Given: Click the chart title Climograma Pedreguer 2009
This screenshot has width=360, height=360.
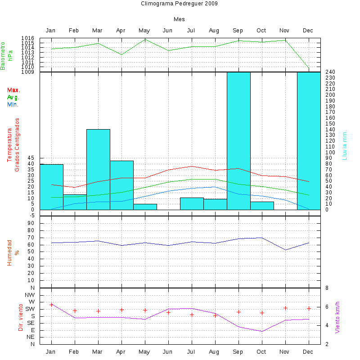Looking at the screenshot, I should pos(179,4).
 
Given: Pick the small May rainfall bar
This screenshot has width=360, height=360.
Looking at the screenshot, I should pos(145,207).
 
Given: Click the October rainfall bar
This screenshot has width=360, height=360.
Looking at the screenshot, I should pos(262,206).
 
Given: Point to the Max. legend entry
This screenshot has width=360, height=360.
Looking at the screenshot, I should pos(14,90).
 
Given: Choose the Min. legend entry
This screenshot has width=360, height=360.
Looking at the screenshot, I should pos(13,104).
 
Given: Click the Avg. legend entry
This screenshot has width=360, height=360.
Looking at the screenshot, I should pos(13,97).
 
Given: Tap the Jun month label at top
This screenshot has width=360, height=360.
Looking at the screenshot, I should pos(167,31).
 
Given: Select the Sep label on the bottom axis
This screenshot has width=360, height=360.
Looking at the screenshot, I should pos(238,351).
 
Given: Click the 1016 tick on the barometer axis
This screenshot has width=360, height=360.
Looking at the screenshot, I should pos(27,38).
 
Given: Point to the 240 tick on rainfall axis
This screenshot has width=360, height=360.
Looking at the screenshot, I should pos(330,72).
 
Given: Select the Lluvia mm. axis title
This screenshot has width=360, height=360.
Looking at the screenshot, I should pos(345,145).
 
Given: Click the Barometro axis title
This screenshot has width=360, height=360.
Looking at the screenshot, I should pos(6,55).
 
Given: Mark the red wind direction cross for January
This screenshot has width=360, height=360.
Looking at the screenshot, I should pos(51,305).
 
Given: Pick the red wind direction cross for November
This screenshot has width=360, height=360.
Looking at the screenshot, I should pos(285,308).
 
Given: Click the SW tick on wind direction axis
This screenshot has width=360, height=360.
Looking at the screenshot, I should pos(30,309).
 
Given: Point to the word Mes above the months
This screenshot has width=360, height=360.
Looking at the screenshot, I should pos(179,19).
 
